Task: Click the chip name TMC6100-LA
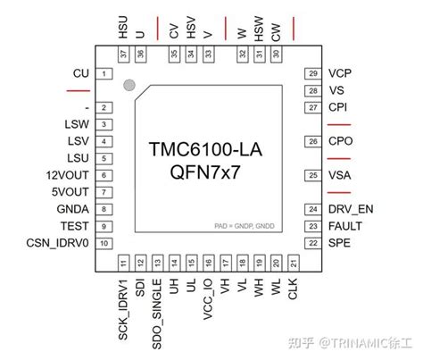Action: [x=211, y=147]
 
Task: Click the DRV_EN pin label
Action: [x=349, y=209]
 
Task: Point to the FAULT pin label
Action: [x=344, y=226]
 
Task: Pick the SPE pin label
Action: [x=339, y=243]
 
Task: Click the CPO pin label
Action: [x=340, y=141]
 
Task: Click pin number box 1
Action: [x=105, y=73]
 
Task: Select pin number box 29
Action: [x=312, y=73]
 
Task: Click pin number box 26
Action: [x=312, y=141]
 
